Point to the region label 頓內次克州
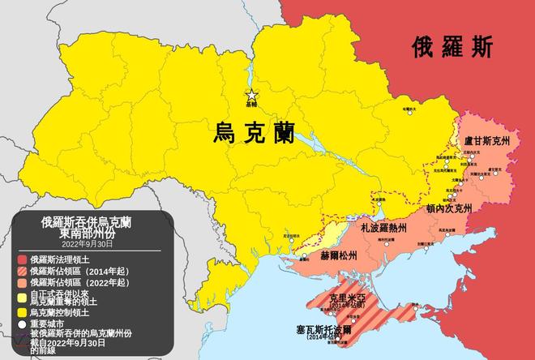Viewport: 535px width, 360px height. pos(447,208)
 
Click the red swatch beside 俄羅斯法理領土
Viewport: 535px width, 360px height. pos(22,259)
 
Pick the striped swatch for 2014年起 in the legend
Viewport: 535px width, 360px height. pos(22,271)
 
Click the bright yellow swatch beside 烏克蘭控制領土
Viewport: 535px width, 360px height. pos(22,312)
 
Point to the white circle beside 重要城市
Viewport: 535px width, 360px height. pos(22,324)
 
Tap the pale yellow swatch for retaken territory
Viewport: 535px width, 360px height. pos(22,298)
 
